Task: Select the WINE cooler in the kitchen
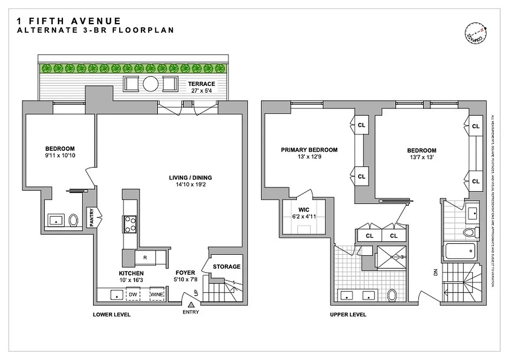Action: click(x=156, y=294)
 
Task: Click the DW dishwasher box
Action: click(x=133, y=294)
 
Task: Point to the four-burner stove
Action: click(x=130, y=224)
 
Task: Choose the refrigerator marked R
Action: click(x=145, y=258)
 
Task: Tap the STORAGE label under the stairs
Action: click(x=226, y=266)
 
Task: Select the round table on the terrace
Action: click(x=150, y=84)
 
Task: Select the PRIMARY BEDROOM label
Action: click(x=309, y=150)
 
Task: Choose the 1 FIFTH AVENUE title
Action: click(x=68, y=21)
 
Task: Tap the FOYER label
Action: click(x=185, y=273)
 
